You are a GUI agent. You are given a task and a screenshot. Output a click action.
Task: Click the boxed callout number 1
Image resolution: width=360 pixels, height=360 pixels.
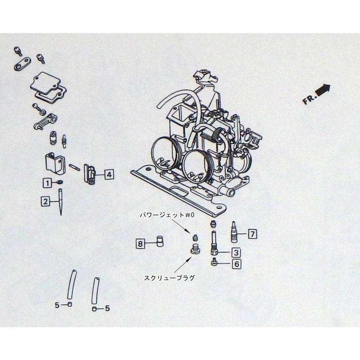pyautogui.click(x=48, y=183)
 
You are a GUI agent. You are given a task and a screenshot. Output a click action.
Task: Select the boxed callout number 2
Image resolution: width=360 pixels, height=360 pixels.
pyautogui.click(x=47, y=202)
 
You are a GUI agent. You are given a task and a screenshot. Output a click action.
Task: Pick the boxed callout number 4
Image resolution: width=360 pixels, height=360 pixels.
pyautogui.click(x=109, y=174)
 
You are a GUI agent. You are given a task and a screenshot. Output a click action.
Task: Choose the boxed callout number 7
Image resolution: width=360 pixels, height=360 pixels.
pyautogui.click(x=252, y=234)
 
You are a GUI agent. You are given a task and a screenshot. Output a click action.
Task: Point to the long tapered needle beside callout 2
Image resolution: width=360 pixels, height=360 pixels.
pyautogui.click(x=60, y=202)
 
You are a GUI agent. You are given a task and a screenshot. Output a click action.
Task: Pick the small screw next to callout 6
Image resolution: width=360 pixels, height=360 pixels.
pyautogui.click(x=214, y=263)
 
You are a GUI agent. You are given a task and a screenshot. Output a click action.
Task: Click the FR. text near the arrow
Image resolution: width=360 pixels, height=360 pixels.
pyautogui.click(x=308, y=100)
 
